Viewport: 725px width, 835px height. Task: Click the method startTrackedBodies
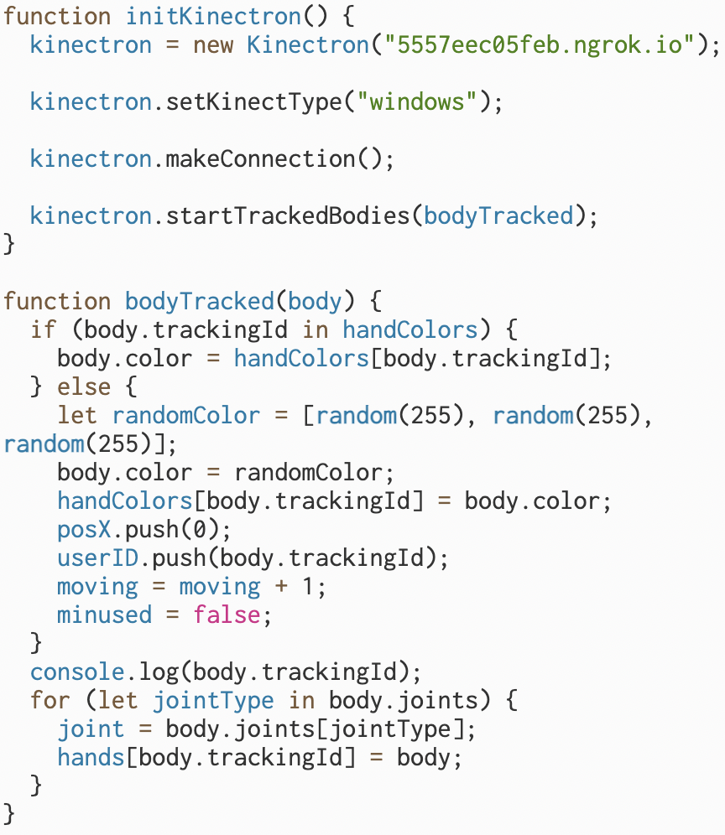[x=289, y=216]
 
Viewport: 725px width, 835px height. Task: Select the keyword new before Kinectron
[x=213, y=44]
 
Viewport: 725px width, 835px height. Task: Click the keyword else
[x=84, y=387]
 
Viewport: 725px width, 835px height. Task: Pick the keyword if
[x=42, y=330]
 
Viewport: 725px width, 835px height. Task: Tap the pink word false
[x=227, y=615]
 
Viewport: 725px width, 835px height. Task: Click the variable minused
[x=104, y=615]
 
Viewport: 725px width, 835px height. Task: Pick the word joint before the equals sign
[x=91, y=729]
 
